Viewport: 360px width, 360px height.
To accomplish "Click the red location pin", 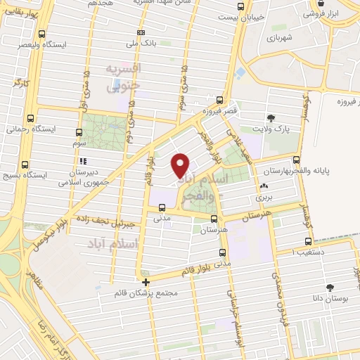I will tap(181, 165).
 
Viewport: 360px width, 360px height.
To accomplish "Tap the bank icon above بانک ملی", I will tap(141, 32).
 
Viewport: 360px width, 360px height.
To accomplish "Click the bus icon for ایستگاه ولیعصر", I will tap(42, 34).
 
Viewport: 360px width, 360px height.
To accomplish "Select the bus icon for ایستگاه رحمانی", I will tap(29, 119).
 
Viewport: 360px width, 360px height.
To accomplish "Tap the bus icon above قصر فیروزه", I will tap(220, 100).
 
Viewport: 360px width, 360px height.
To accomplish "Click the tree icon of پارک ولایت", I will tap(271, 117).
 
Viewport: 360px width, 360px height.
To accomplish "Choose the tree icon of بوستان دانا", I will tap(329, 287).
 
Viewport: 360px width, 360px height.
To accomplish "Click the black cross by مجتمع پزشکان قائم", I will tap(146, 282).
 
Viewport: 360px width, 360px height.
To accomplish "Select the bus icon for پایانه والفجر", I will tap(296, 160).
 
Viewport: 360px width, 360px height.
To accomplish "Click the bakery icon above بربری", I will tap(264, 186).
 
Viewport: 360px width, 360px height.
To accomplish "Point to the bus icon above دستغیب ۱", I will tap(301, 239).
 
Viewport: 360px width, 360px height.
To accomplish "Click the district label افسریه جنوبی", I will tap(124, 77).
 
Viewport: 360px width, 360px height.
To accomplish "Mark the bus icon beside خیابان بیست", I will tap(240, 6).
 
